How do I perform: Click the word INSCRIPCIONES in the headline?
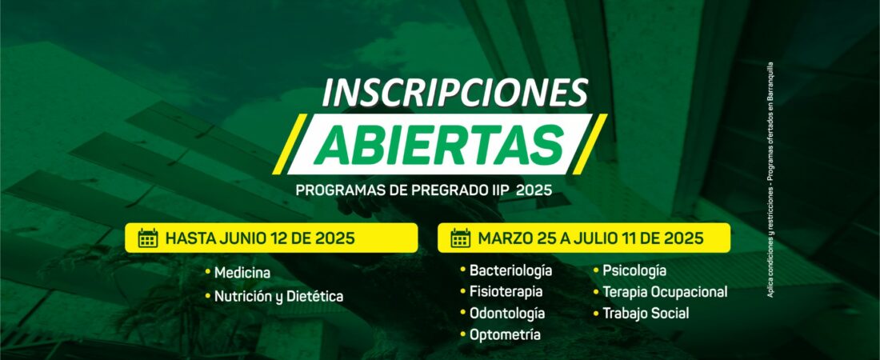pyautogui.click(x=454, y=93)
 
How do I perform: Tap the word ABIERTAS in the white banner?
pyautogui.click(x=438, y=144)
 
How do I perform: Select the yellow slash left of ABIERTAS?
pyautogui.click(x=290, y=144)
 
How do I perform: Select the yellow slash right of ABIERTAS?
pyautogui.click(x=590, y=144)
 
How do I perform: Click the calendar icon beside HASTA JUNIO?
pyautogui.click(x=148, y=238)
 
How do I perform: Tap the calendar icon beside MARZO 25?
pyautogui.click(x=460, y=238)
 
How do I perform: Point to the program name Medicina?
pyautogui.click(x=242, y=273)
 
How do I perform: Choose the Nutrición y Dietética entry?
pyautogui.click(x=278, y=296)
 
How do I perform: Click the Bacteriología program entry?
pyautogui.click(x=510, y=270)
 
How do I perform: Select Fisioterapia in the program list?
pyautogui.click(x=506, y=292)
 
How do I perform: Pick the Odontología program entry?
pyautogui.click(x=507, y=313)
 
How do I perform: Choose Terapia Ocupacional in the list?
pyautogui.click(x=665, y=292)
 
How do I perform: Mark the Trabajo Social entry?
pyautogui.click(x=646, y=313)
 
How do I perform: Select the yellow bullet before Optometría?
pyautogui.click(x=463, y=334)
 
